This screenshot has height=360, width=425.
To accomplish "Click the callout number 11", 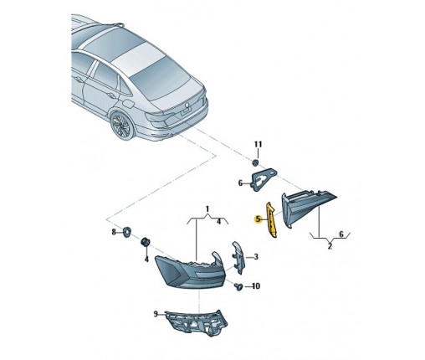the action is (258, 144).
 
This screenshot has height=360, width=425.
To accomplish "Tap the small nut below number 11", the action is (255, 162).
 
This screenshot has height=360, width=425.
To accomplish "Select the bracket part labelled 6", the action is (264, 179).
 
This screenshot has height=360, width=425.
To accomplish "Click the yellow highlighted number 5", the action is (258, 219).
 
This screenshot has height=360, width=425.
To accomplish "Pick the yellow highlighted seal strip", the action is (271, 219).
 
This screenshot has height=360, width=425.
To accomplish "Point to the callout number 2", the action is (330, 246).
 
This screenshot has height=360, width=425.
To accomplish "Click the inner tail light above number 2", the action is (308, 207).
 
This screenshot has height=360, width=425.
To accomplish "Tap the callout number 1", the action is (207, 208).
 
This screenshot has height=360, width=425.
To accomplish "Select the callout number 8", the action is (114, 232).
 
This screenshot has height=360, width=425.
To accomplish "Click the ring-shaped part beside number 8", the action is (126, 232).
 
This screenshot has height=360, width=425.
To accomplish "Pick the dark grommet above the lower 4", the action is (145, 242).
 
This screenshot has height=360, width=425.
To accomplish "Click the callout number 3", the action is (256, 256).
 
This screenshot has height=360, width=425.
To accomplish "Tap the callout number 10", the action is (256, 286).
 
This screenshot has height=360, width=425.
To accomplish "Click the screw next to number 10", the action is (238, 286).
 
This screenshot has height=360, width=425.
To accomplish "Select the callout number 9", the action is (156, 314).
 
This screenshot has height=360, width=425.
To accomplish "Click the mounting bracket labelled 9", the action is (196, 323).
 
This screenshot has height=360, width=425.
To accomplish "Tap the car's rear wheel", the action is (122, 126).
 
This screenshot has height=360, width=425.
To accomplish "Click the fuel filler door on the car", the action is (128, 105).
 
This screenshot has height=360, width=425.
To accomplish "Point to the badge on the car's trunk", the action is (186, 105).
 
